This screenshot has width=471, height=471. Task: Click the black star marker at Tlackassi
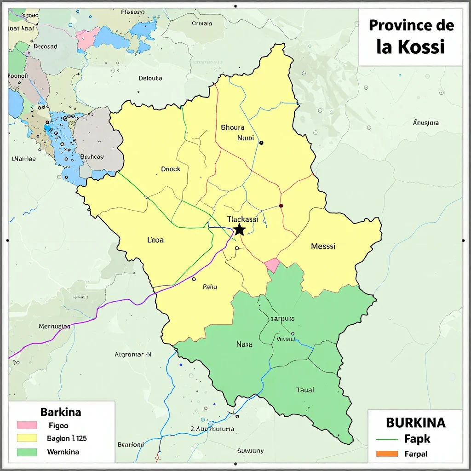[x=239, y=230]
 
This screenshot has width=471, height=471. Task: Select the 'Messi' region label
[x=323, y=246]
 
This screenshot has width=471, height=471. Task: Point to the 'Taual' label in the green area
[x=304, y=390]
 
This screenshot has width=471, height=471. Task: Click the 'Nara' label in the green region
[x=244, y=344]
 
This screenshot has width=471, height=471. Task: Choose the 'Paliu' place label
[x=210, y=287]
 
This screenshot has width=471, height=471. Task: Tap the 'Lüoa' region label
[x=155, y=240]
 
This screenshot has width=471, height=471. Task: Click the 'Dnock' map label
[x=171, y=169]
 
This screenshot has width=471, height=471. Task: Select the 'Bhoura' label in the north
[x=233, y=127]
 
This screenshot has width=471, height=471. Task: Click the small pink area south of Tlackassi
[x=272, y=265]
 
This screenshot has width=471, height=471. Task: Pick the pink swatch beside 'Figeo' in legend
[x=27, y=425]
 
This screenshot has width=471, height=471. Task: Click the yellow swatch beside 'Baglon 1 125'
[x=27, y=438]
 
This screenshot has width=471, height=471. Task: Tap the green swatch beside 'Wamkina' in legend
[x=27, y=452]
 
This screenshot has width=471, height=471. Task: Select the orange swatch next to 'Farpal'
[x=386, y=454]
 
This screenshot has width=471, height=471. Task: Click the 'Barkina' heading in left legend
[x=61, y=412]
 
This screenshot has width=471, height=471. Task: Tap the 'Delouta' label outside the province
[x=150, y=78]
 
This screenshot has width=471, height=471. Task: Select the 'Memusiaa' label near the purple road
[x=54, y=326]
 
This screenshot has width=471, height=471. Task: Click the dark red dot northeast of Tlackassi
[x=281, y=206]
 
